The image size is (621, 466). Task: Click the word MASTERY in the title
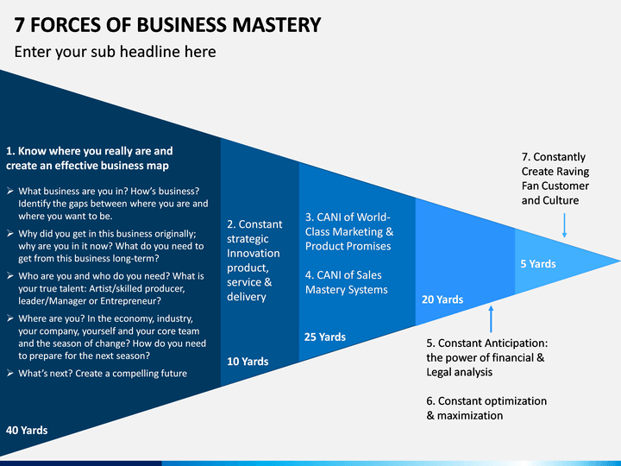tap(277, 25)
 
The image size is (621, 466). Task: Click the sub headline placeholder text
tap(116, 52)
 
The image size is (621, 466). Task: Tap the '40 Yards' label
tap(27, 431)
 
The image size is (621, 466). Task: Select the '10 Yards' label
tap(248, 362)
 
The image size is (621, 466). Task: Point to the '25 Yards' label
tap(325, 337)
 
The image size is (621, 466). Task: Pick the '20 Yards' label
tap(442, 299)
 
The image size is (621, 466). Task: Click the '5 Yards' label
tap(538, 264)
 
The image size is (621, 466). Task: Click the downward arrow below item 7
tap(564, 225)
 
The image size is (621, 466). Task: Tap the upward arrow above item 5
tap(491, 319)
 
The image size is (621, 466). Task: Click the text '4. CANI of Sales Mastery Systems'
tap(347, 282)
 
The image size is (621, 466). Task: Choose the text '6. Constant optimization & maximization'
tap(486, 408)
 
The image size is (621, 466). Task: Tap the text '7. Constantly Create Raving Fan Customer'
tap(555, 179)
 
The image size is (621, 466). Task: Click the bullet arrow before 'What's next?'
tap(10, 373)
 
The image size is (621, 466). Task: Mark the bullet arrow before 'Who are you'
tap(10, 275)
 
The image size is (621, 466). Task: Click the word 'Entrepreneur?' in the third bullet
tap(131, 301)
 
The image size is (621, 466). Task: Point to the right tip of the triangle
tap(620, 261)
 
